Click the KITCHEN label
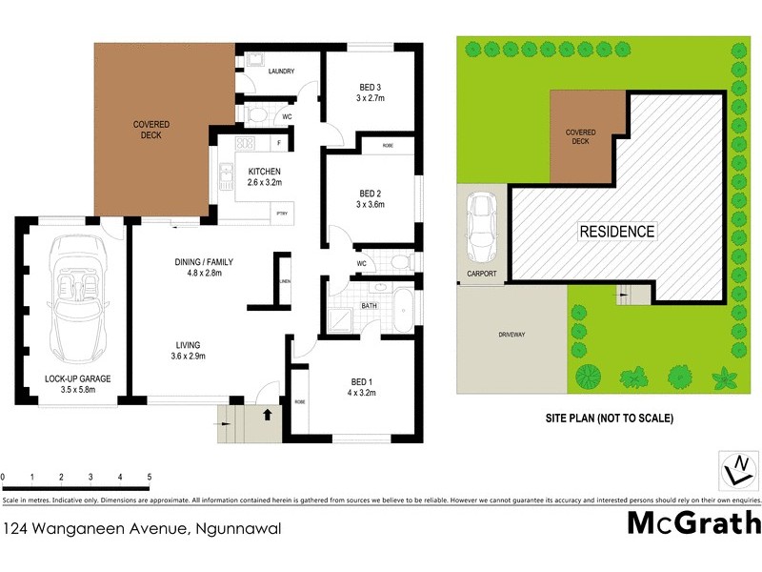click(264, 172)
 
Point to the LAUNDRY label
click(281, 71)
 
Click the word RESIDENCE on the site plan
click(618, 232)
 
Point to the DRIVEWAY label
click(511, 336)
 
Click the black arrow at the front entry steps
click(268, 415)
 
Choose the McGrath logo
click(693, 524)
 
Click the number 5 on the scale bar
click(149, 475)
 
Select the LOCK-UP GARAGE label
click(77, 379)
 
